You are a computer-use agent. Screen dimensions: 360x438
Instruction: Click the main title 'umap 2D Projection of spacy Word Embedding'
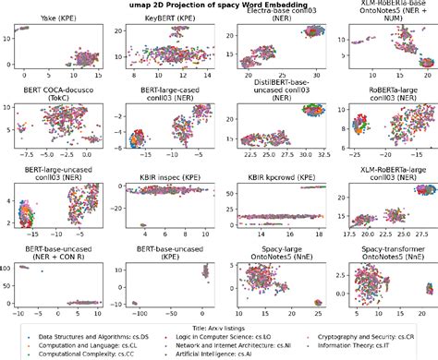[x=219, y=5]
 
